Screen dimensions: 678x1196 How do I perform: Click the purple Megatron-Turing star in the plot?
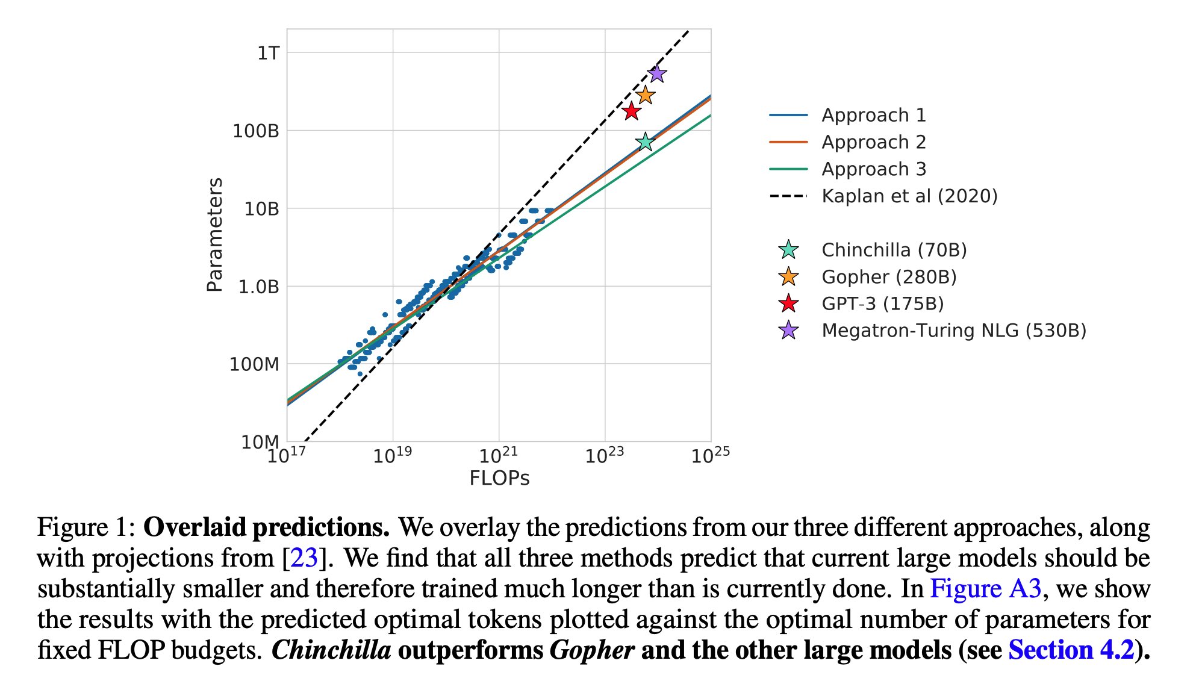point(656,74)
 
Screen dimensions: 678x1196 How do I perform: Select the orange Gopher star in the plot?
point(645,95)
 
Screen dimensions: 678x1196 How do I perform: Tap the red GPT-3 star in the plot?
point(631,111)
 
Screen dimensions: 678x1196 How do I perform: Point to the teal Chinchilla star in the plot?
point(645,142)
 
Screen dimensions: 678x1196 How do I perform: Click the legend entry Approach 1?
point(873,115)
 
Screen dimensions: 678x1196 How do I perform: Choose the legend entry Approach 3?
point(873,169)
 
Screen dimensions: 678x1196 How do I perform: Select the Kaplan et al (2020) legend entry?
point(909,196)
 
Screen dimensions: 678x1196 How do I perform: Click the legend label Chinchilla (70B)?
point(894,250)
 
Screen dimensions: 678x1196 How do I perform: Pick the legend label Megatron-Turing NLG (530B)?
point(953,331)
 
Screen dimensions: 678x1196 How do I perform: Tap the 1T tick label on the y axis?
point(268,54)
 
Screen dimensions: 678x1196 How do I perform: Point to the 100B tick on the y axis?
point(256,131)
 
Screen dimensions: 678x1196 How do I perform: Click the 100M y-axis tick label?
point(254,364)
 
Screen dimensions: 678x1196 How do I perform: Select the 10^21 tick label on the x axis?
point(498,455)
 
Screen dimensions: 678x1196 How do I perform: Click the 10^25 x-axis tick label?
point(710,455)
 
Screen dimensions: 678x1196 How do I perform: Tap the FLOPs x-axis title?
point(499,479)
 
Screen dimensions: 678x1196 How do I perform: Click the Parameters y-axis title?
point(215,235)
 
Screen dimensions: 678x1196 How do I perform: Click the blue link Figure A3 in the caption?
point(985,589)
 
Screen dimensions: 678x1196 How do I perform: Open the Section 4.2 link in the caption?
point(1071,650)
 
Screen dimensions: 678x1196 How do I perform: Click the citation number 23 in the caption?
point(304,558)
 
